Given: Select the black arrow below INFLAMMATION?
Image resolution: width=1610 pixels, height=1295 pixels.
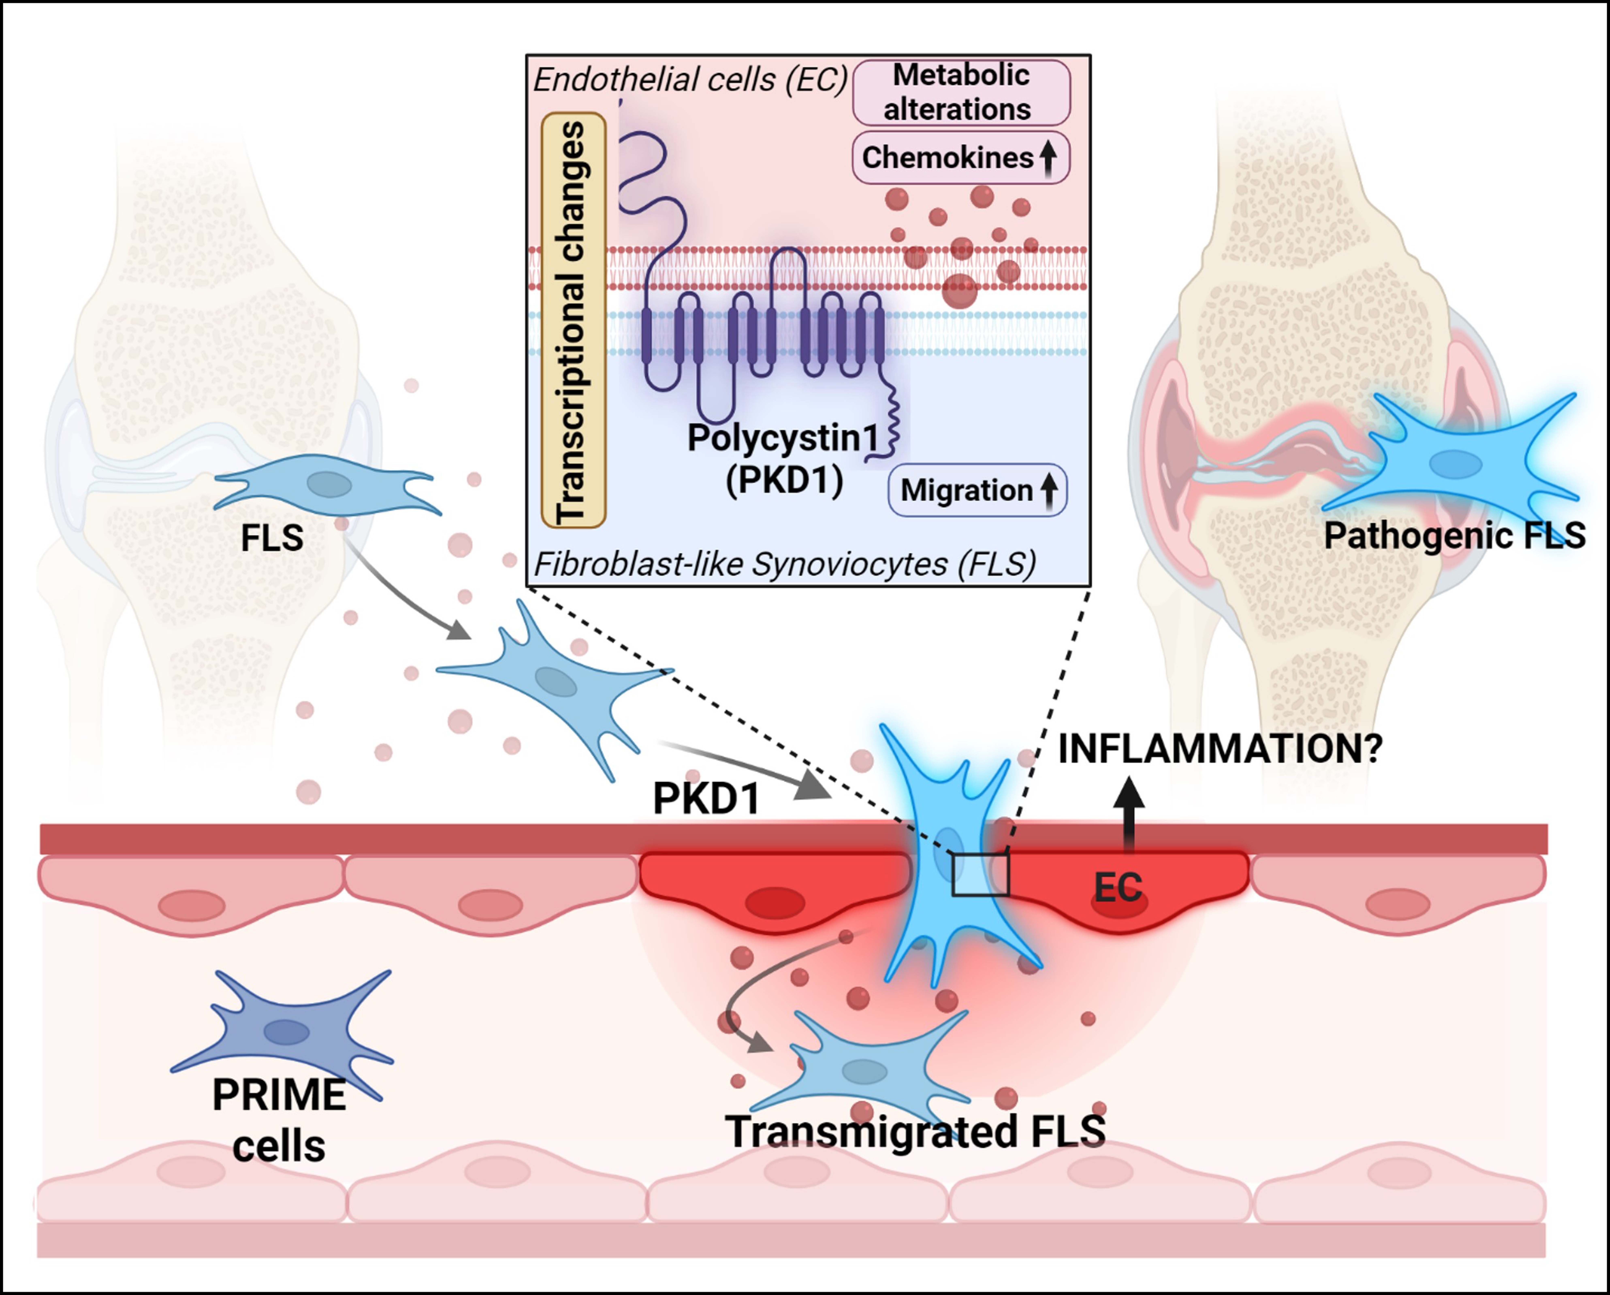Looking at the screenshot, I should tap(1128, 816).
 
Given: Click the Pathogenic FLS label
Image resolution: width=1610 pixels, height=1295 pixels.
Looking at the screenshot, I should tap(1454, 535).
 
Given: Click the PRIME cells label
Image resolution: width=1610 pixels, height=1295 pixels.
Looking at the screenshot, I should tap(279, 1120).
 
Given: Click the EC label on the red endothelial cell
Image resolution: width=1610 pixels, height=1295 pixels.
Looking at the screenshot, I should tap(1118, 887).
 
